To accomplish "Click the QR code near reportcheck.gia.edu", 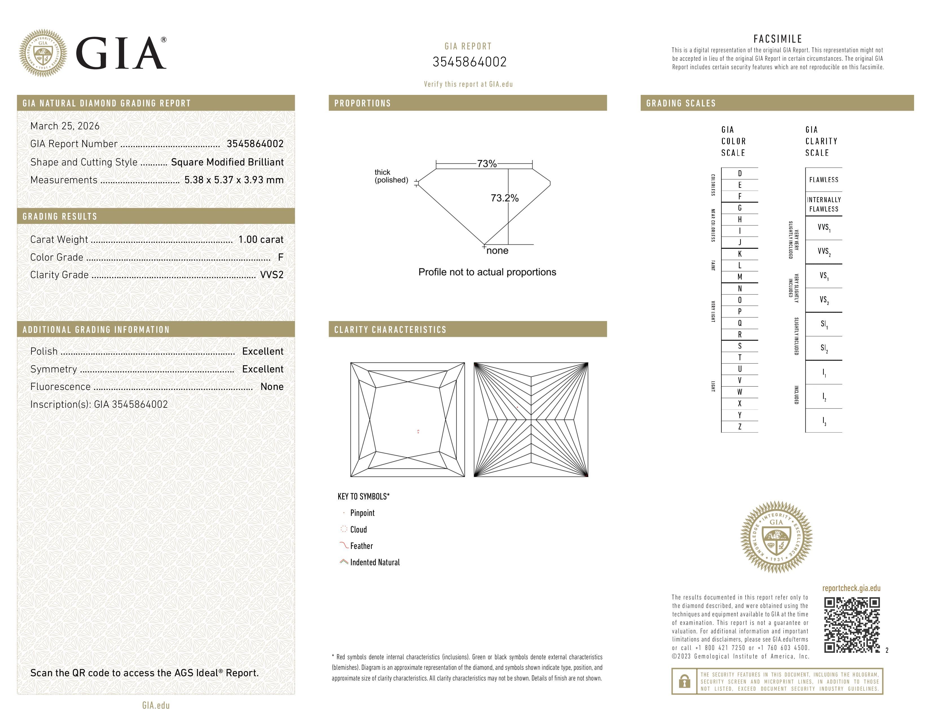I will (851, 625).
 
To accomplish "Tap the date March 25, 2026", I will (65, 126).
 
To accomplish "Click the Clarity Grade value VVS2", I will (271, 275).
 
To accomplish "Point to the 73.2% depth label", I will (504, 198).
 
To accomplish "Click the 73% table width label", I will (486, 164).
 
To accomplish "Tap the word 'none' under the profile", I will (497, 251).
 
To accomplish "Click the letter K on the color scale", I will (740, 254).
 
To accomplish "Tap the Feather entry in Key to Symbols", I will (361, 546).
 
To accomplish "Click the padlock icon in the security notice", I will (684, 681).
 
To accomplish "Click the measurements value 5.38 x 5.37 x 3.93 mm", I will (234, 180).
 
